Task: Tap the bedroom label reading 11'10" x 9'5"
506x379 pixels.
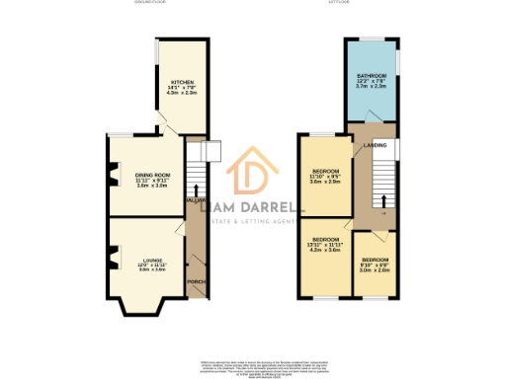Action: click(325, 171)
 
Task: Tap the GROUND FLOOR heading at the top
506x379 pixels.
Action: click(152, 3)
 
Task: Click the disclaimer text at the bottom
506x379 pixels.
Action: click(253, 366)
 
